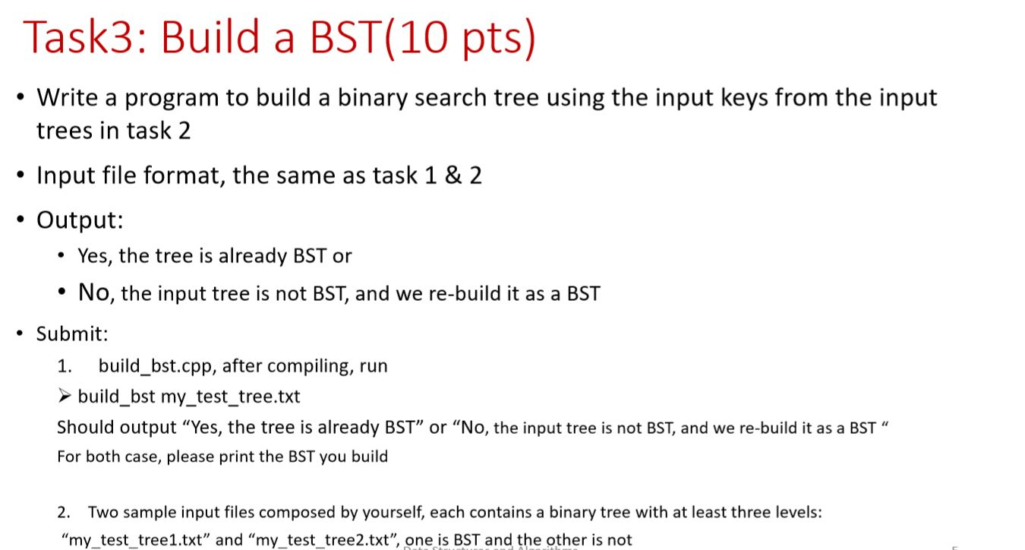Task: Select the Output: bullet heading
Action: click(x=80, y=220)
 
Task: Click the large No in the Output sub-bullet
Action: click(x=94, y=292)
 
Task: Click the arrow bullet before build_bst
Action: click(x=65, y=397)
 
